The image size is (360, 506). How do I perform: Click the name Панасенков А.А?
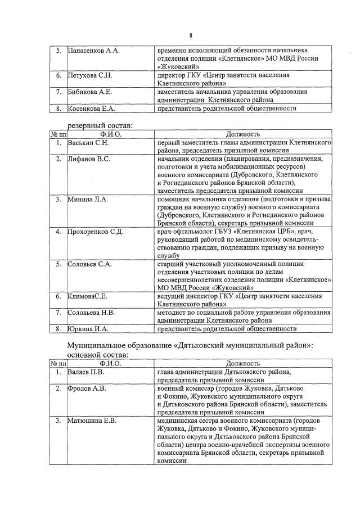tap(93, 51)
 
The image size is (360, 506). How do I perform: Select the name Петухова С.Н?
tap(90, 75)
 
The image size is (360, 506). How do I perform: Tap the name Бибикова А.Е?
tap(90, 91)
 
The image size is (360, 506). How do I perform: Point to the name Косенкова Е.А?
tap(91, 108)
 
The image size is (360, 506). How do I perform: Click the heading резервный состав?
tap(100, 126)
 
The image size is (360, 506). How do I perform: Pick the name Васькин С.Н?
tap(87, 143)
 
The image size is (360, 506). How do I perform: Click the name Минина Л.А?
tap(87, 199)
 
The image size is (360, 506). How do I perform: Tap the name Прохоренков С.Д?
tap(95, 232)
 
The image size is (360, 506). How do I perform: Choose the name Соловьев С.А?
tap(90, 264)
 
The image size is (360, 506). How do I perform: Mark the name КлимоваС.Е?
tap(87, 296)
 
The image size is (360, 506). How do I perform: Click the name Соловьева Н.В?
tap(91, 312)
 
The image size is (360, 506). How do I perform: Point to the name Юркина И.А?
tap(88, 329)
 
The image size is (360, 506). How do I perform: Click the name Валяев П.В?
tap(86, 372)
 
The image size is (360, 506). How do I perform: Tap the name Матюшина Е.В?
tap(92, 420)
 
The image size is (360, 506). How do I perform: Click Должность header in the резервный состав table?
tap(242, 134)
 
